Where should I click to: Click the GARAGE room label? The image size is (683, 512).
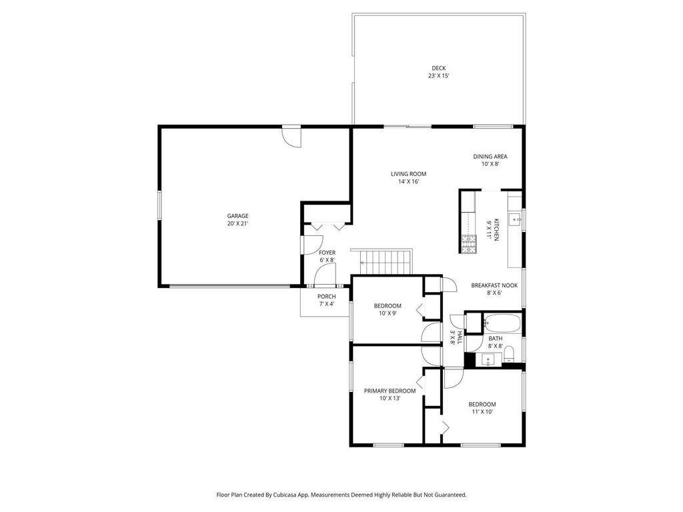point(237,216)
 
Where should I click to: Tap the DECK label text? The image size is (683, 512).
point(438,68)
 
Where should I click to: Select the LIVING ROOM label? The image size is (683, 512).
point(408,174)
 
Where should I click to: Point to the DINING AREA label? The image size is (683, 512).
point(490,157)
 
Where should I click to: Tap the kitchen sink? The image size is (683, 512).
point(514,218)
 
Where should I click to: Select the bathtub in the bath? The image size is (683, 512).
point(502,323)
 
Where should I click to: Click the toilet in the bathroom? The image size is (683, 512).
point(508,353)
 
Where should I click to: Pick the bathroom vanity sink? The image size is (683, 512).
point(488,361)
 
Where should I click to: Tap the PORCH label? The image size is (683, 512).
point(326,297)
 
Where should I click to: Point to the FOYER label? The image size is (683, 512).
point(327,253)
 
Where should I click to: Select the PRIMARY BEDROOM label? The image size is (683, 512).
point(390,391)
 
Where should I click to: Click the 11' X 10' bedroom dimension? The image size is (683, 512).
point(482,412)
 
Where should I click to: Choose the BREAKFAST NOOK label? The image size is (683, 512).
point(494,285)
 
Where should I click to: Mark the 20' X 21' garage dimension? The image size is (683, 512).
point(237,224)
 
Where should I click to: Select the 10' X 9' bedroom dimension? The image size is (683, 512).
point(388,313)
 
